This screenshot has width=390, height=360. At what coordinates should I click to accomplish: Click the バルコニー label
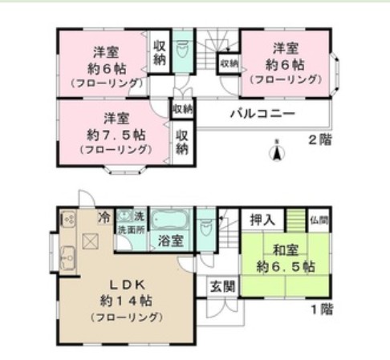click(x=263, y=114)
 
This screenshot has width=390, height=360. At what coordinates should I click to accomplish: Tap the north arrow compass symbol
click(x=277, y=150)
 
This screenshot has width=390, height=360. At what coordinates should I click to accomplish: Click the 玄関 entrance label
click(x=222, y=285)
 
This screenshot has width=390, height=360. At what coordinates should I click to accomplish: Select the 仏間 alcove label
click(x=319, y=219)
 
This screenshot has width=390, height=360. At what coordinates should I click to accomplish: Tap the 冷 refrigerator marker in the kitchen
click(x=104, y=217)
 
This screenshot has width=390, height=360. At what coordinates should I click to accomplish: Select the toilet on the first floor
click(x=206, y=224)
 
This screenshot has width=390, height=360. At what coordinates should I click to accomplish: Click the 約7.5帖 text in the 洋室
click(x=116, y=132)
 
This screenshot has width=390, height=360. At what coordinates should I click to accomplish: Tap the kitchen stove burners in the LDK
click(x=67, y=218)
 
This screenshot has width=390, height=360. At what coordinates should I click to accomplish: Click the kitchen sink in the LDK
click(x=66, y=256)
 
